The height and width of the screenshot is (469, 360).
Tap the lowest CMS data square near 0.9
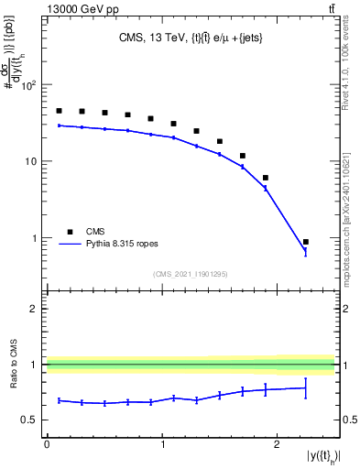[305, 242]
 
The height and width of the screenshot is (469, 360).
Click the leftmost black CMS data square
[59, 111]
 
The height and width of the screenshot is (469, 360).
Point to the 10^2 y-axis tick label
[28, 86]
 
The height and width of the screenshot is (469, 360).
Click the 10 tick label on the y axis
[31, 162]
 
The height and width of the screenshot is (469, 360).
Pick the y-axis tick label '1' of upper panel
[35, 238]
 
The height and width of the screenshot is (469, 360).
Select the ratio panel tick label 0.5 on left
[30, 420]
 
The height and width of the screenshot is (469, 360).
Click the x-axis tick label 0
[47, 444]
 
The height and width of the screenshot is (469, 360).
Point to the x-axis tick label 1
[162, 444]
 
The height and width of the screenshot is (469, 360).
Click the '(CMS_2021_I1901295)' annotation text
[191, 274]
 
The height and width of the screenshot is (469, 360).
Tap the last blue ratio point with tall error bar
[305, 388]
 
